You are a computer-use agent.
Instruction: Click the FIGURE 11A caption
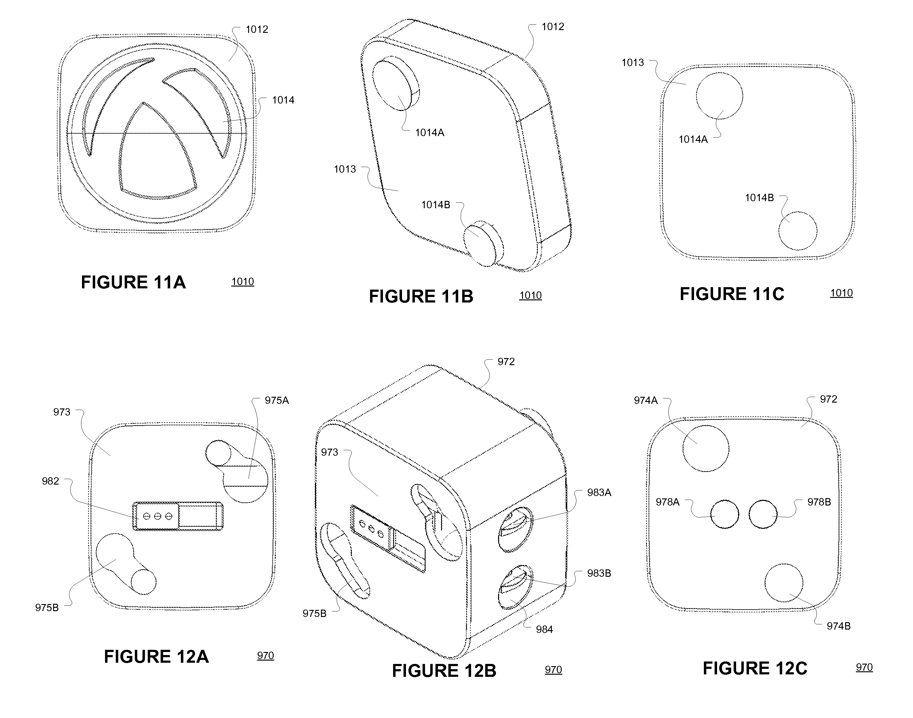pyautogui.click(x=133, y=282)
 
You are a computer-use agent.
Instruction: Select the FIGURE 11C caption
pyautogui.click(x=732, y=294)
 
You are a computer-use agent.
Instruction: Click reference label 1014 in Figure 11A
pyautogui.click(x=283, y=100)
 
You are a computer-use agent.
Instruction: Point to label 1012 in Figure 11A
pyautogui.click(x=257, y=29)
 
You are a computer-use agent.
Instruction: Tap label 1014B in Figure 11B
pyautogui.click(x=436, y=205)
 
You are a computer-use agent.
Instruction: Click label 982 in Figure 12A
pyautogui.click(x=50, y=481)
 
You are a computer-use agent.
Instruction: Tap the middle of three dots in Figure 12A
pyautogui.click(x=158, y=516)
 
